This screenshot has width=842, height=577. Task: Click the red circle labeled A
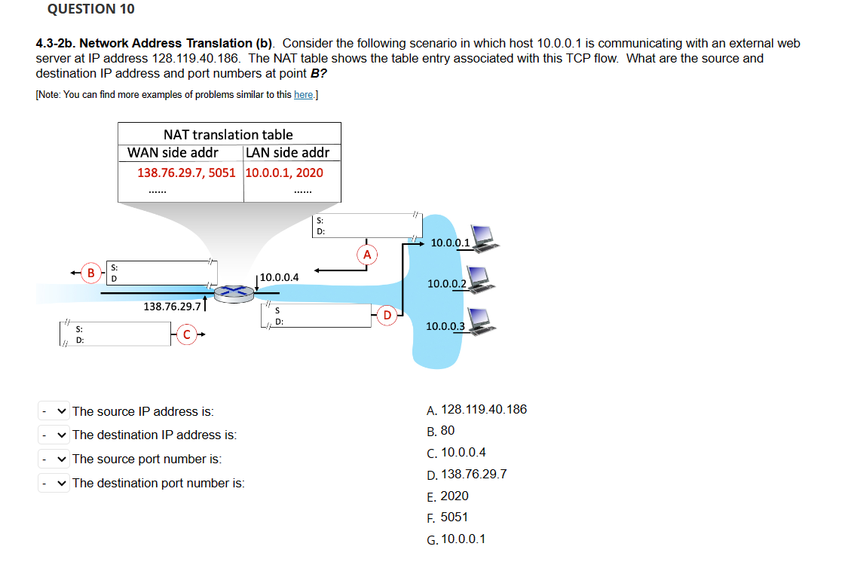367,255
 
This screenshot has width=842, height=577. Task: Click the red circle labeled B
91,272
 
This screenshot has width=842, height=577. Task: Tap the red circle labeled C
187,334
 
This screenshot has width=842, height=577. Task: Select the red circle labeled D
386,314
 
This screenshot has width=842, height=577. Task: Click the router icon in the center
234,292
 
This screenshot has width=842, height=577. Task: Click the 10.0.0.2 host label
445,283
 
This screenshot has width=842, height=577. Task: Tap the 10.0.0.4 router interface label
279,277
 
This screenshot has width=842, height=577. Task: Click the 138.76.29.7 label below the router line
172,307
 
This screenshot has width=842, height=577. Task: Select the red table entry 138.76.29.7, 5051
186,172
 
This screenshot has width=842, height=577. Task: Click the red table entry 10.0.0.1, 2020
284,172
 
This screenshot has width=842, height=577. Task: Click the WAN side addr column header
173,152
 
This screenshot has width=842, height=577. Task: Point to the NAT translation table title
228,134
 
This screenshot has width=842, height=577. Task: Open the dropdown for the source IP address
54,411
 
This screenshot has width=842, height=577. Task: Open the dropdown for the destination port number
54,483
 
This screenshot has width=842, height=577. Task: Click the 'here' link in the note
303,94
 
